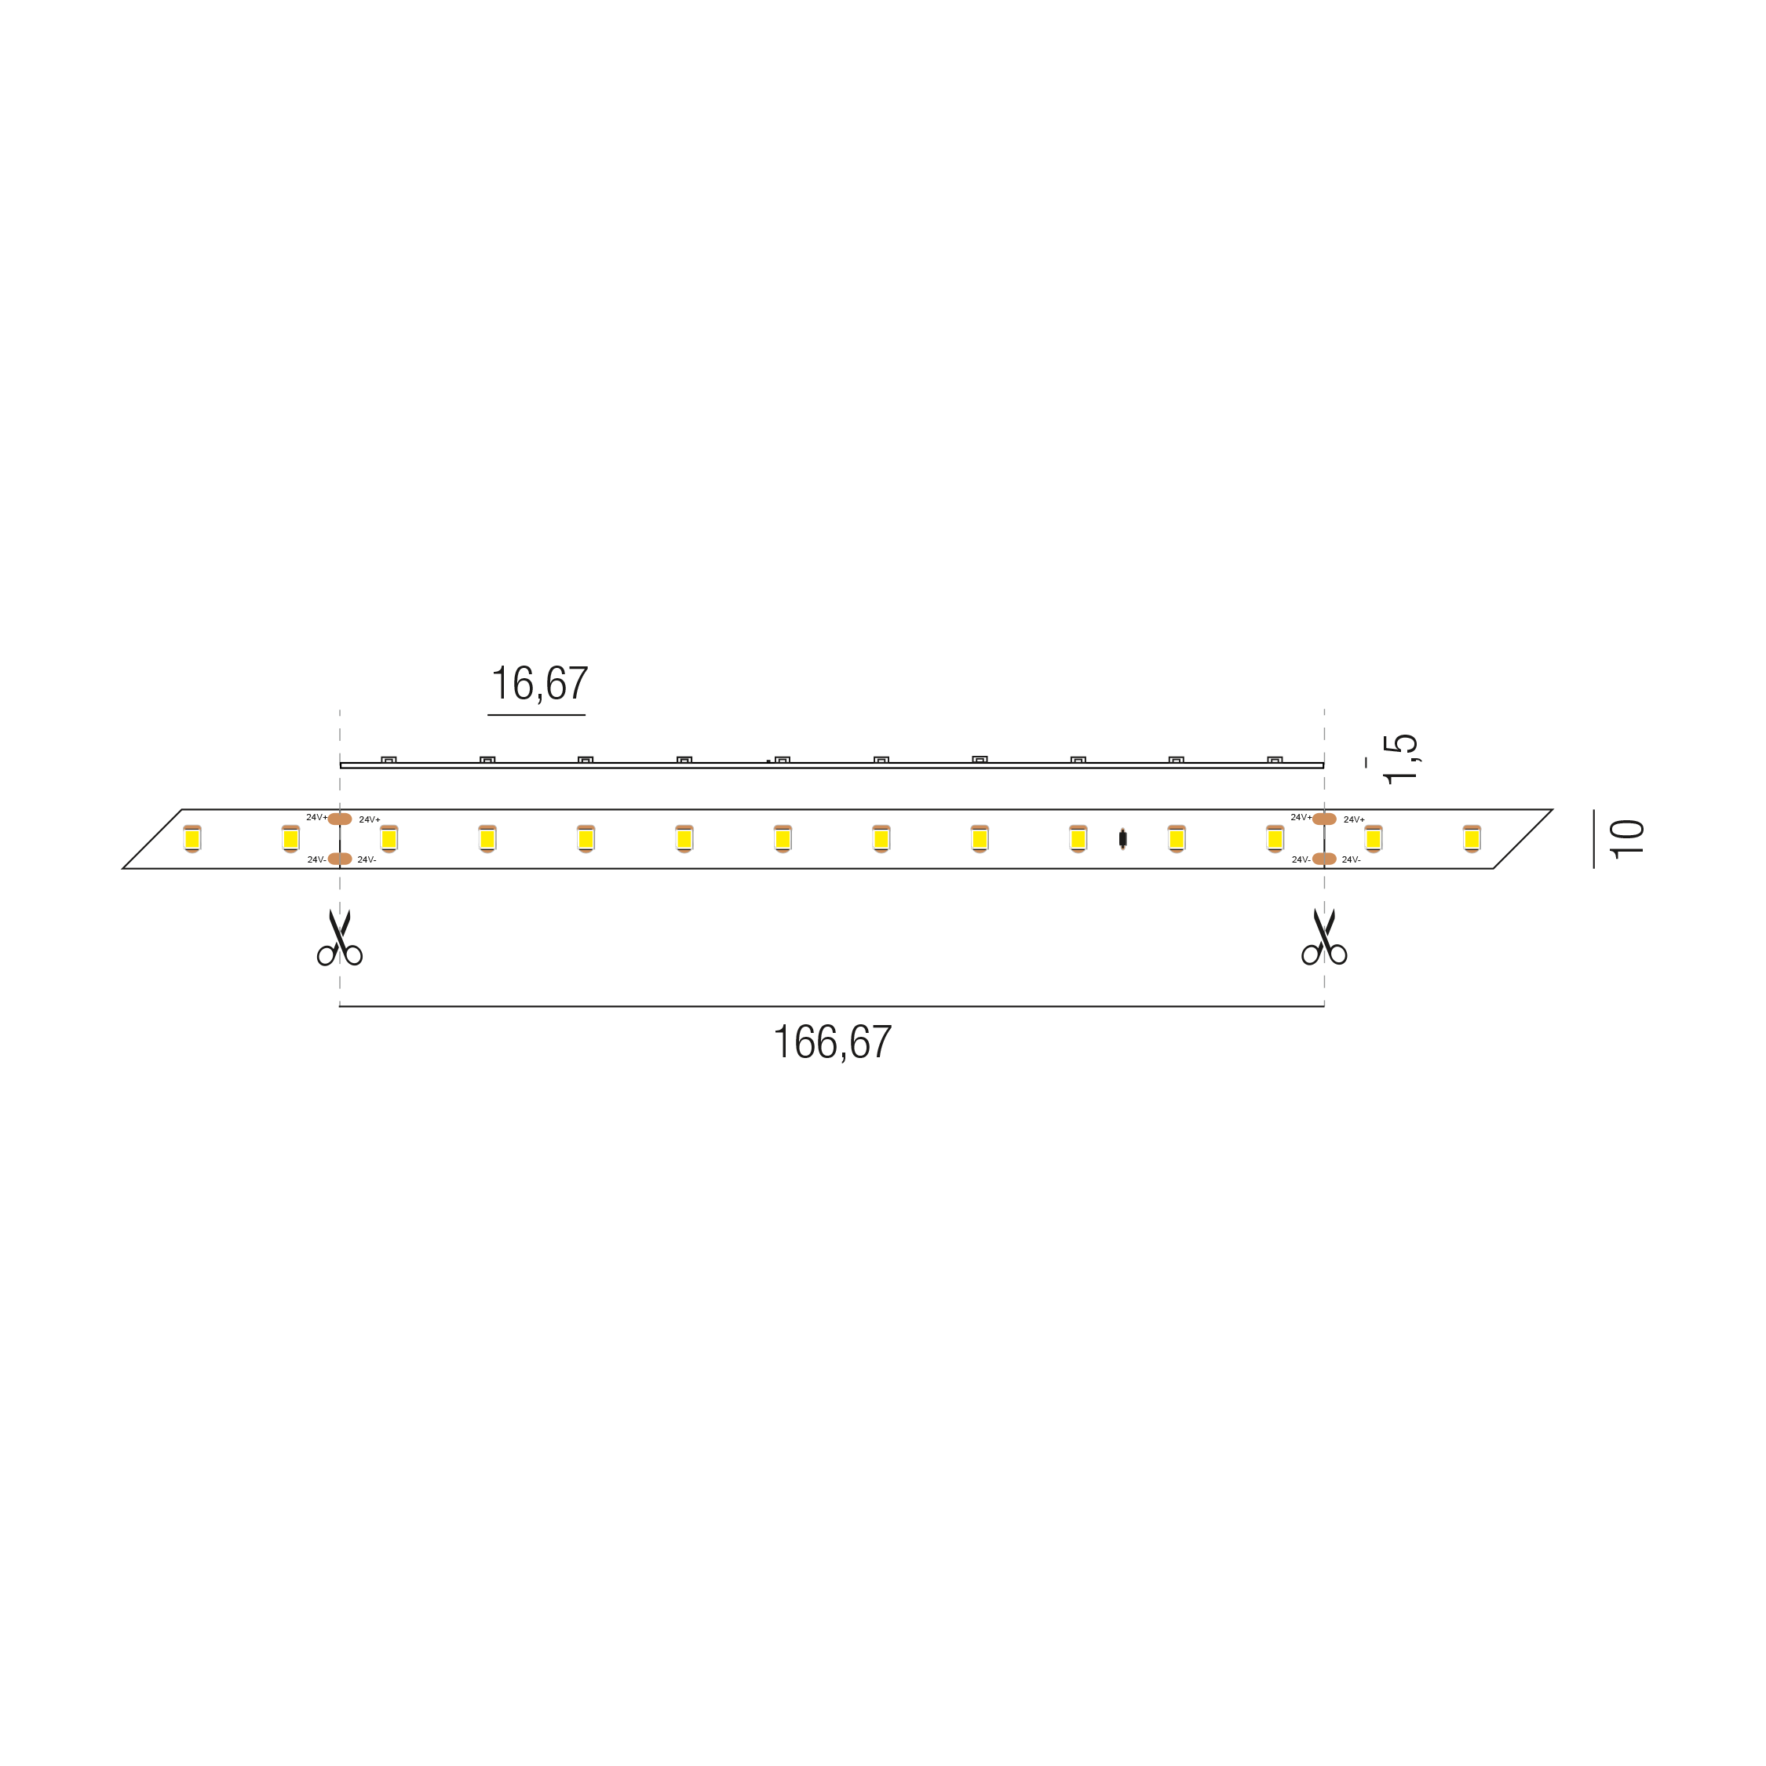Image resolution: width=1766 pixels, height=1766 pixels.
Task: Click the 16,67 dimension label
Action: coord(540,684)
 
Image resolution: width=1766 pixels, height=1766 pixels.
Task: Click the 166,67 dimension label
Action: coord(833,1042)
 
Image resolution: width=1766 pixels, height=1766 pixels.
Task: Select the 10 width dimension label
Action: coord(1626,839)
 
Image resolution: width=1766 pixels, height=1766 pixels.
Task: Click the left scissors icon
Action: coord(340,937)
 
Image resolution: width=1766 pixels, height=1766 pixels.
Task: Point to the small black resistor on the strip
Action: coord(1122,839)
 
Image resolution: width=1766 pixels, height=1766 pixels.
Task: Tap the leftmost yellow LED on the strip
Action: coord(192,839)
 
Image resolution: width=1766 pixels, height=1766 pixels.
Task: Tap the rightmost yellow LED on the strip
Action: coord(1472,839)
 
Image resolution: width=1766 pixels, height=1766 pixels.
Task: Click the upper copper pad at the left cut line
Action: coord(340,819)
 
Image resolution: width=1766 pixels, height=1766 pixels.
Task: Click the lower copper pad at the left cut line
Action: coord(340,859)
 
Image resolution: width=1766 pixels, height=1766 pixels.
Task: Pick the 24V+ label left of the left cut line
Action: coord(317,817)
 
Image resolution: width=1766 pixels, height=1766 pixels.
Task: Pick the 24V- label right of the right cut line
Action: coord(1351,860)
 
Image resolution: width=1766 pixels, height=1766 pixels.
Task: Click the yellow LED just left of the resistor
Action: coord(1078,839)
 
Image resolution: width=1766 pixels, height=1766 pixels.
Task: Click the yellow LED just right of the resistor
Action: coord(1177,839)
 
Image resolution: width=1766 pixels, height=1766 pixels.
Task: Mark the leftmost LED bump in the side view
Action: coord(389,760)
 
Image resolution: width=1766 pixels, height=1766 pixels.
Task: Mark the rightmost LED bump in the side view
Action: coord(1275,760)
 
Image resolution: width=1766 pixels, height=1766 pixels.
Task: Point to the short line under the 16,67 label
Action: coord(537,715)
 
